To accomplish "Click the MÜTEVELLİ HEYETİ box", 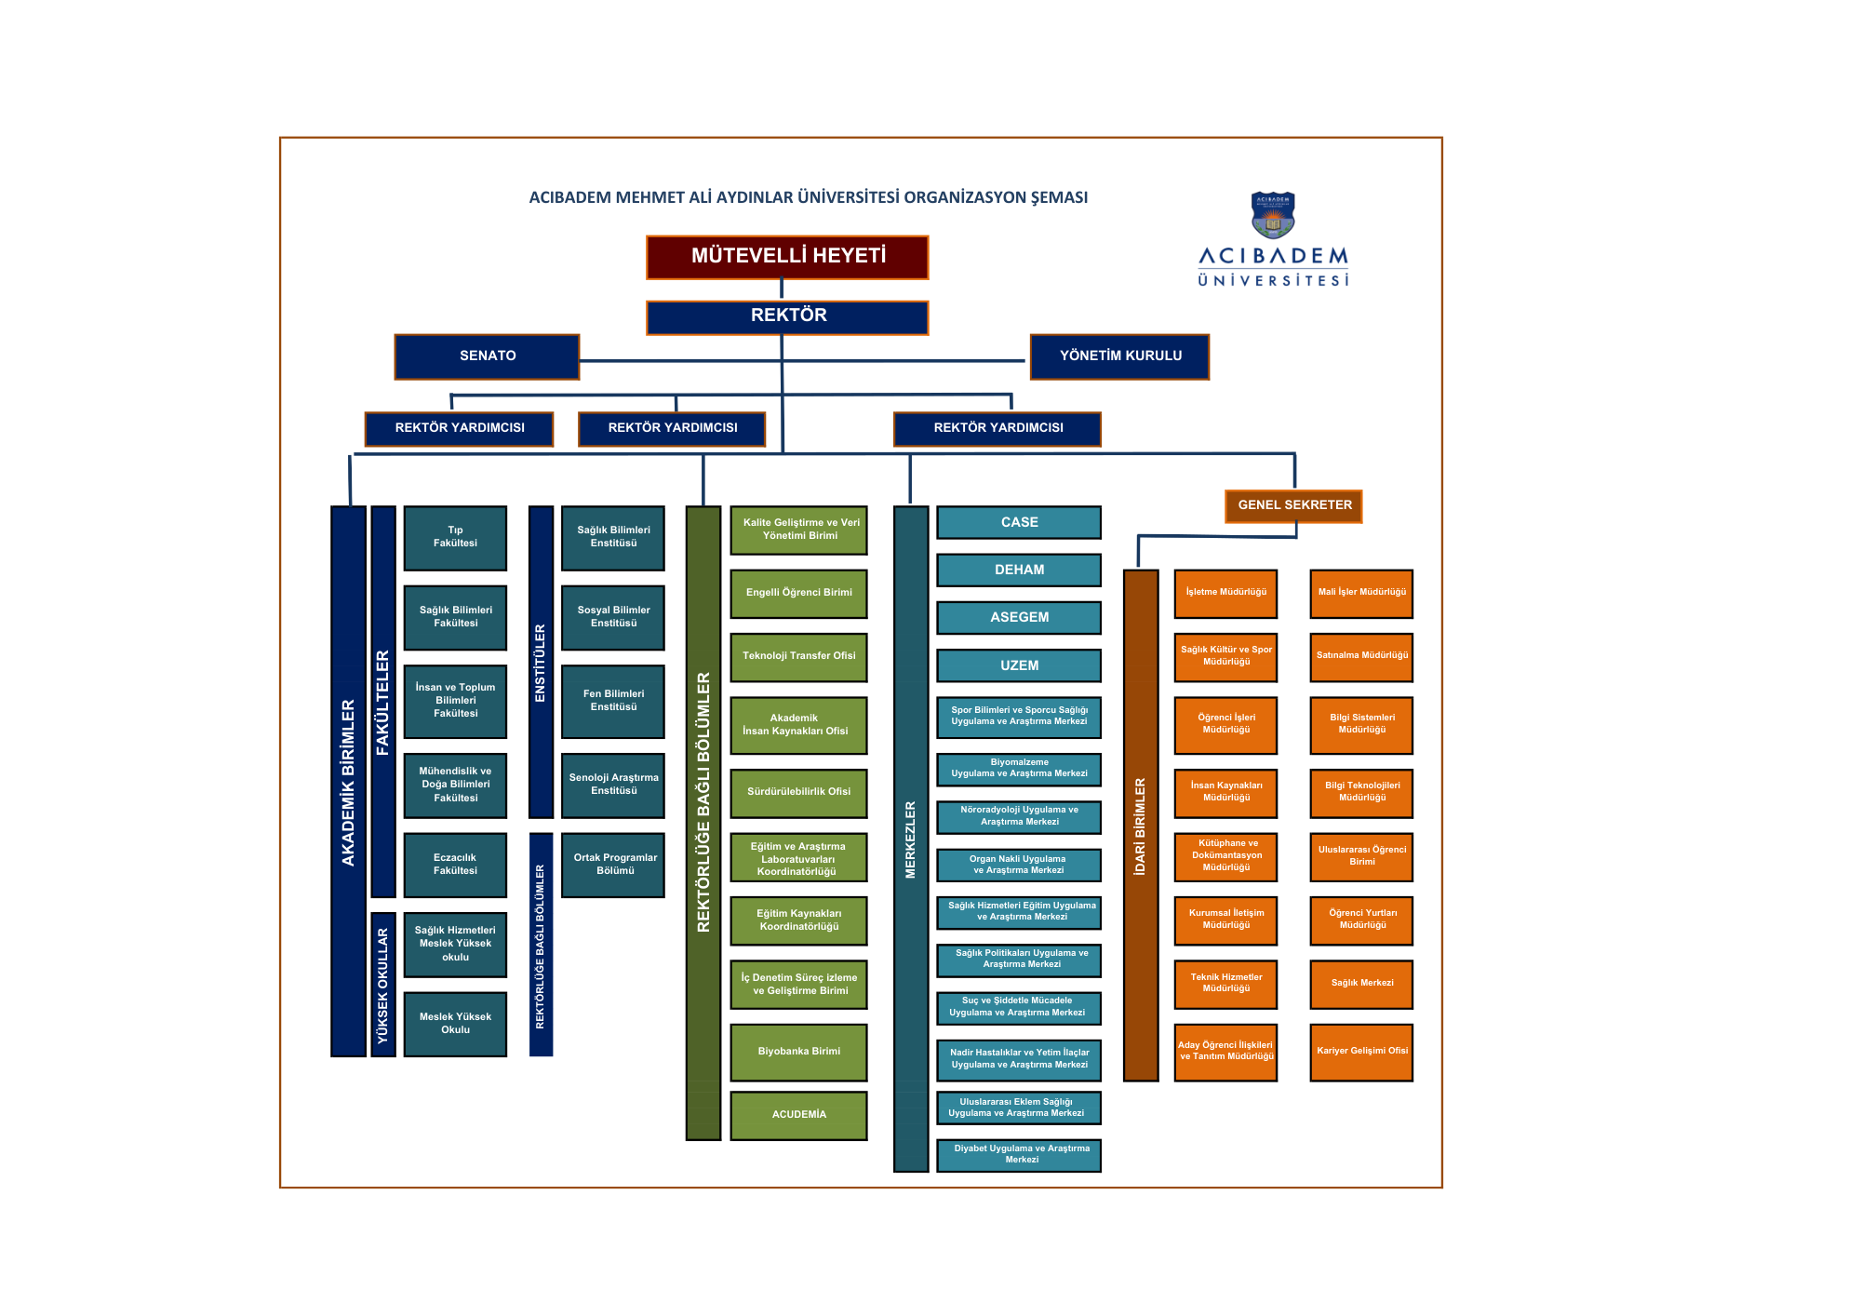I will (787, 257).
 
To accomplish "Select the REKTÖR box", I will (787, 316).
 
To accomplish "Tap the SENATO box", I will (487, 356).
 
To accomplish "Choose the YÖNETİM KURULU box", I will (1119, 356).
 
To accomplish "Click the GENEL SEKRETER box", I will (1293, 505).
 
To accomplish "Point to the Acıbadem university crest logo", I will (1273, 215).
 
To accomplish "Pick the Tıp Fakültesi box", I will (455, 538).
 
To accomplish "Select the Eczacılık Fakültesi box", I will (455, 865).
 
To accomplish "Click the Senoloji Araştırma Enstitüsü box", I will (613, 785).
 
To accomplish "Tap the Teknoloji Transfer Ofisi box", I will (798, 657).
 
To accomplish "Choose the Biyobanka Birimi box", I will (798, 1052).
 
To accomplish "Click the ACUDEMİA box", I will (798, 1115).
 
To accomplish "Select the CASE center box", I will (1019, 523).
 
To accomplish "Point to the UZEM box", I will (1019, 665).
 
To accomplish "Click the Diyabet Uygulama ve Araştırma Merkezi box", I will (1019, 1155).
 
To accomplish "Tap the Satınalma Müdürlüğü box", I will (1361, 656).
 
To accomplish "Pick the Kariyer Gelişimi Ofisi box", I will (1361, 1052).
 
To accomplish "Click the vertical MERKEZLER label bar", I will (911, 838).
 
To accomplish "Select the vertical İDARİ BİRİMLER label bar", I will (1141, 825).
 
